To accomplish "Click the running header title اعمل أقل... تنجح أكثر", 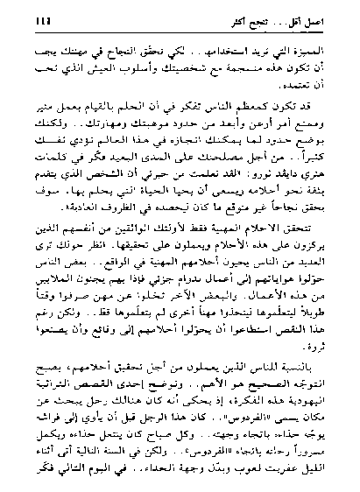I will [x=286, y=12].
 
